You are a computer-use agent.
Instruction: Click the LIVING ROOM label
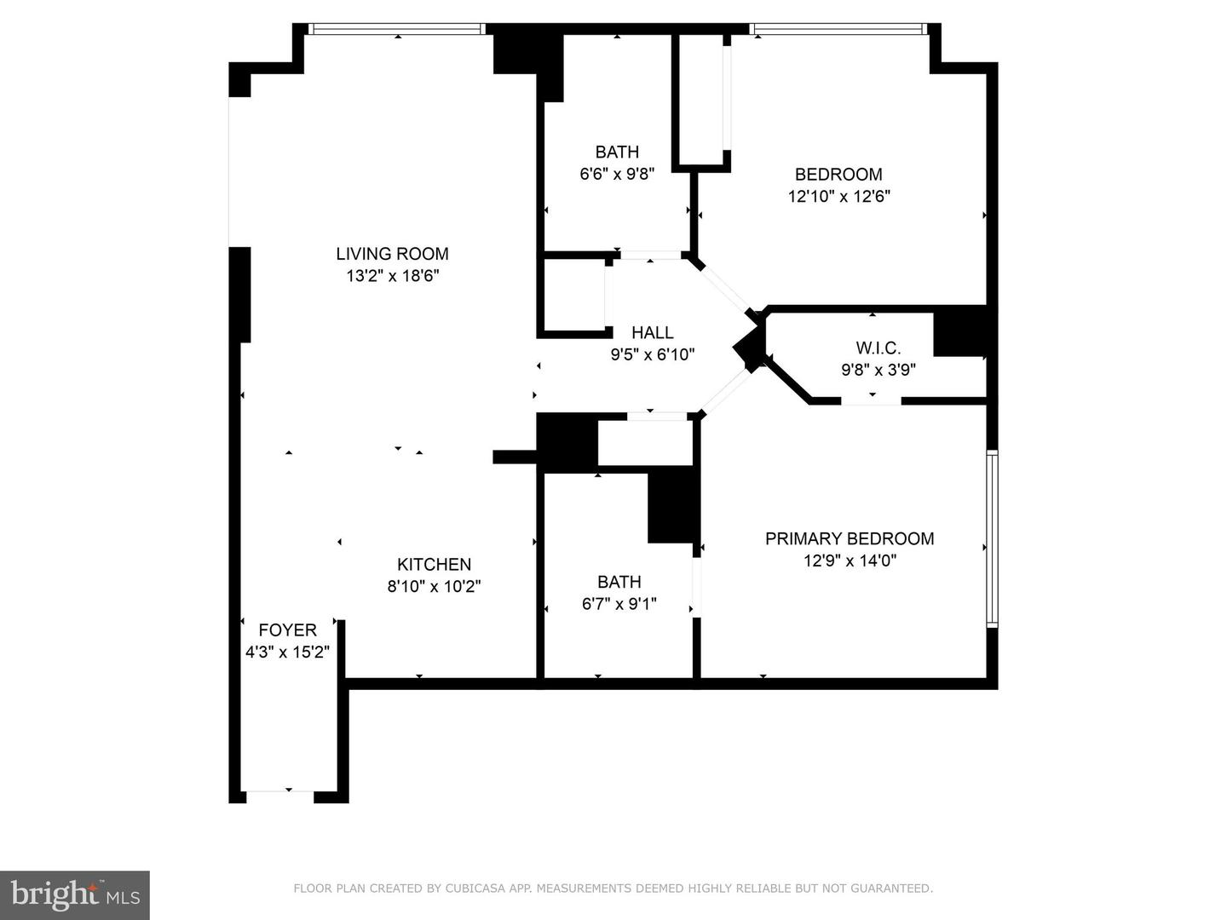pos(392,254)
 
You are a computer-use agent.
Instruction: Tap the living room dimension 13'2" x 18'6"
pos(393,275)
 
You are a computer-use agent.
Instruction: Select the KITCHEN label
pos(434,564)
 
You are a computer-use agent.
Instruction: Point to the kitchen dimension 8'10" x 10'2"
pos(434,587)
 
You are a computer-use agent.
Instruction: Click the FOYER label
pos(287,630)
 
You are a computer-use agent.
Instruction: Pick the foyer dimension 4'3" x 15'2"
pos(287,652)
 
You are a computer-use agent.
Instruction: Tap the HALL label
pos(653,333)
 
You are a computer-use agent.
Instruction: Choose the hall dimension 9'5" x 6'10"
pos(653,354)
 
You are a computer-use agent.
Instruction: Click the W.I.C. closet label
pos(878,348)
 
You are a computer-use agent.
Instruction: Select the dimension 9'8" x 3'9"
pos(878,370)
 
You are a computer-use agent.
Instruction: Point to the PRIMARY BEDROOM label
pos(850,538)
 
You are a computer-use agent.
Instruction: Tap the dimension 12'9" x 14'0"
pos(850,561)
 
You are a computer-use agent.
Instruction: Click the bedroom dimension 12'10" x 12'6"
pos(838,197)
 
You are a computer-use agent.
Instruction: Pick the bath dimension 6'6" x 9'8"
pos(617,174)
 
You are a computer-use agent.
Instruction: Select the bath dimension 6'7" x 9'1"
pos(619,604)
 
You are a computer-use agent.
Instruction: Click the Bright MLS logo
pos(74,894)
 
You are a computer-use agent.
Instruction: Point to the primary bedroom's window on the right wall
pos(992,538)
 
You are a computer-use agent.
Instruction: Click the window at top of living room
pos(397,29)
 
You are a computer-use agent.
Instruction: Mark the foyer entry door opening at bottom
pos(280,791)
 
